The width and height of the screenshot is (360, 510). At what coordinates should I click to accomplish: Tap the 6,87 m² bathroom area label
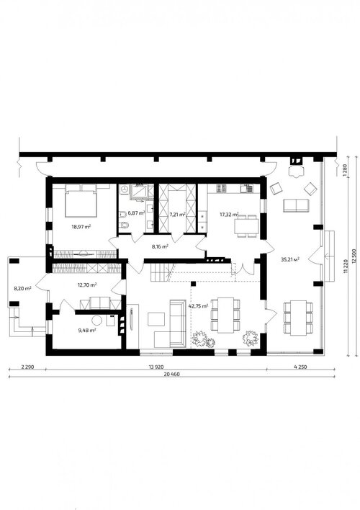[136, 213]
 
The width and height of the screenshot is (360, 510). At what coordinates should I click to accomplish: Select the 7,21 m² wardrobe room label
[177, 215]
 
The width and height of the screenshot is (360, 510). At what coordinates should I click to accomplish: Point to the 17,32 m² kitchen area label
[229, 215]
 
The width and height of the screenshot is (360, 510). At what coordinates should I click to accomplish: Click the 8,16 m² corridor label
[160, 246]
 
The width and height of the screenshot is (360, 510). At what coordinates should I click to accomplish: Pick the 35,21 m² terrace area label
[289, 259]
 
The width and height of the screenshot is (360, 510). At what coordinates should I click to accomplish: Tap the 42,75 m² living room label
[198, 305]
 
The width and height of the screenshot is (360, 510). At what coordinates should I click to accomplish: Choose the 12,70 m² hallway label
[87, 285]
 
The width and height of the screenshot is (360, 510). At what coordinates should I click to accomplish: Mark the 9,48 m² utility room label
[87, 330]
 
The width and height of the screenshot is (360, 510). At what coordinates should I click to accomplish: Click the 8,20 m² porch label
[22, 288]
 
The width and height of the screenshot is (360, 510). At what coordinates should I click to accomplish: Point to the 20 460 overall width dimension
[171, 374]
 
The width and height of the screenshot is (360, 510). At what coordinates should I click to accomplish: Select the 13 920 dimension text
[156, 367]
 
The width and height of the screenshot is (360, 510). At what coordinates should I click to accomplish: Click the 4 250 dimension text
[300, 367]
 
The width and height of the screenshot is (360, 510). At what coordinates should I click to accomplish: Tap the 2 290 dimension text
[27, 367]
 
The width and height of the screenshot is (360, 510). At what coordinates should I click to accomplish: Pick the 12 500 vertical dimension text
[354, 257]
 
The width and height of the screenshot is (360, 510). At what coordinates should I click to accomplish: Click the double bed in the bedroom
[81, 201]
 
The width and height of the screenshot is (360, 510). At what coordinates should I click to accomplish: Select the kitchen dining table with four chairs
[247, 225]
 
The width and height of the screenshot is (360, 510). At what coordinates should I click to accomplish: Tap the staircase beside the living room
[161, 273]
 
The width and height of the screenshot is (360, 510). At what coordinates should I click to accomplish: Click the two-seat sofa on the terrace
[296, 205]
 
